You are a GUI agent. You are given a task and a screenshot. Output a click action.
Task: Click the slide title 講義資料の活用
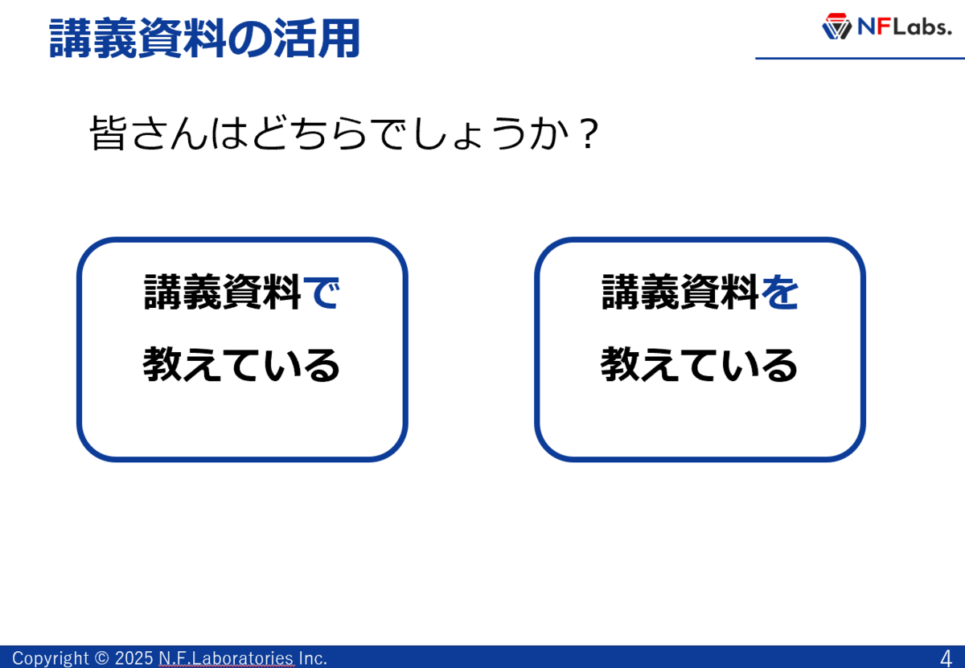(204, 38)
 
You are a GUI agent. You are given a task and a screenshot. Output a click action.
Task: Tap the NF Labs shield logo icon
(836, 27)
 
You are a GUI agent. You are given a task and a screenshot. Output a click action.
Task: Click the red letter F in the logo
(884, 27)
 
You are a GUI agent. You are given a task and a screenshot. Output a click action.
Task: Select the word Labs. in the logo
(922, 27)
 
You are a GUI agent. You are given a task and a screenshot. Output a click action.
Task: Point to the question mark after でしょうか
(589, 133)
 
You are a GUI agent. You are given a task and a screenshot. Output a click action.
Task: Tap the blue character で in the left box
(322, 293)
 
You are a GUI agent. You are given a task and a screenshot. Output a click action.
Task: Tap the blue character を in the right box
(780, 293)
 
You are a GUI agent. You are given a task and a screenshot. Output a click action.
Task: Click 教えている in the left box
(241, 365)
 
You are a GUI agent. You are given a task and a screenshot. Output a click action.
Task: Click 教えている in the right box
(699, 365)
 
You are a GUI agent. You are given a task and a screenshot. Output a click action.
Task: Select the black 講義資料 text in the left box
(222, 292)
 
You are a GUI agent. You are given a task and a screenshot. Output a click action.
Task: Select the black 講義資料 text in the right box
(680, 292)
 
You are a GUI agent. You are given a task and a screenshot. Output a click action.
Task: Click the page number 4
(946, 658)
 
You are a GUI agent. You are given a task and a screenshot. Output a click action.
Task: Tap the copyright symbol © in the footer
(101, 658)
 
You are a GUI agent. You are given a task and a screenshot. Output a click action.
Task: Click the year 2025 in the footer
(134, 658)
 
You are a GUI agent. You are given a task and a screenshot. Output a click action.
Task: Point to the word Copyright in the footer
(50, 658)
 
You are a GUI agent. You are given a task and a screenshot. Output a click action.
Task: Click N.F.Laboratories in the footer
(226, 658)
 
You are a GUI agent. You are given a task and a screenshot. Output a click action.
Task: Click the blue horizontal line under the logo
(860, 58)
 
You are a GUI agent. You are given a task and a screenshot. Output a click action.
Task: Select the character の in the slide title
(250, 39)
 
